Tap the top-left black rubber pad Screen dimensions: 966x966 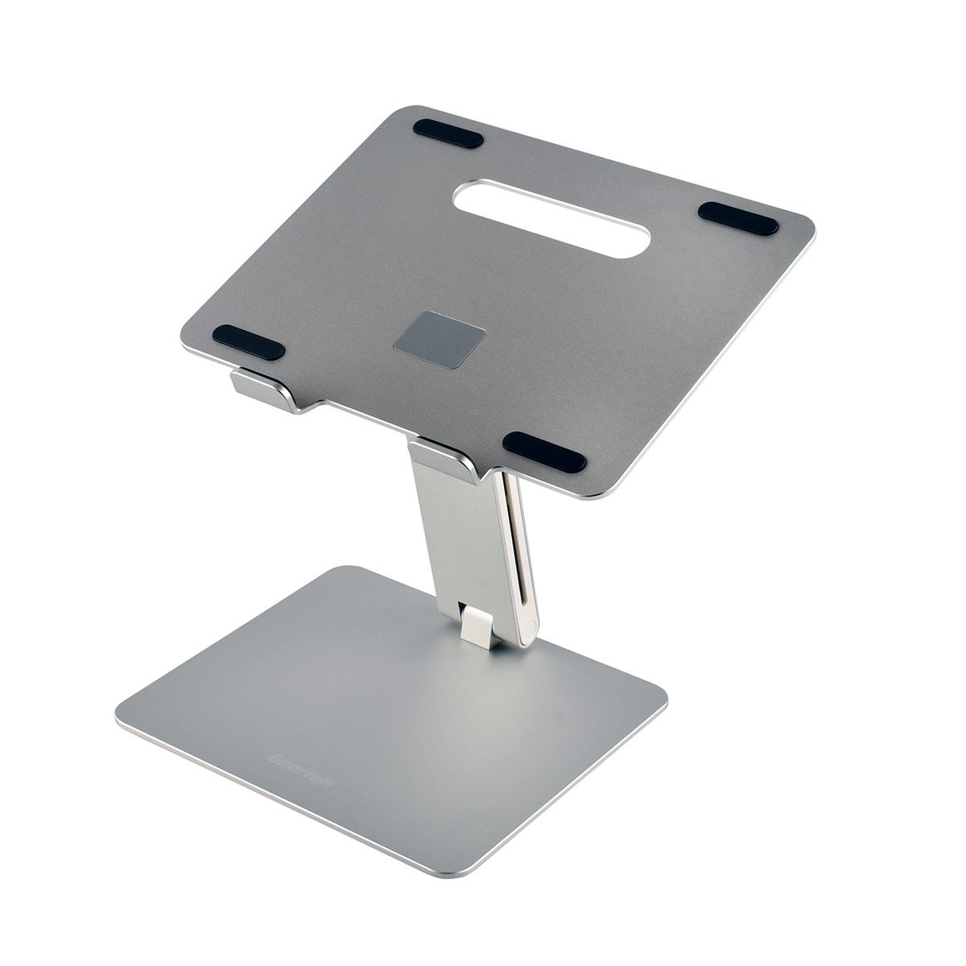448,134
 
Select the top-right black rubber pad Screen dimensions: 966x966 737,218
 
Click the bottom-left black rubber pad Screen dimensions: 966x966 248,342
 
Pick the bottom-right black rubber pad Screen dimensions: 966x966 544,452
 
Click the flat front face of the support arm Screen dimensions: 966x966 459,531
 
